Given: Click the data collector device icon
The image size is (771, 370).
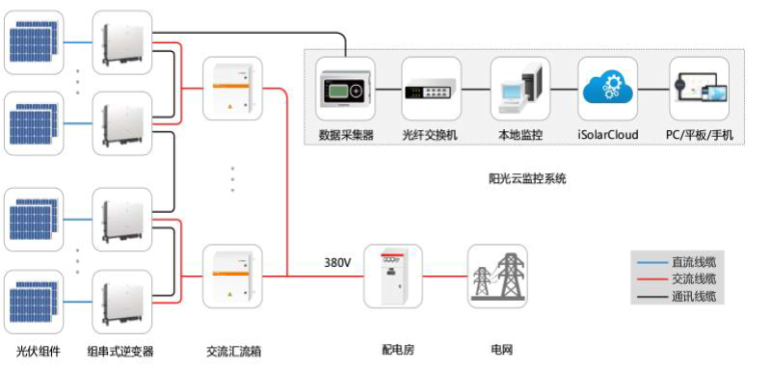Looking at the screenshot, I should [x=345, y=91].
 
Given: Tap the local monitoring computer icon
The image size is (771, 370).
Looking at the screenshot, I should [x=519, y=89].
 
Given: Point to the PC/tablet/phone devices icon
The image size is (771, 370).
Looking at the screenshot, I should [x=700, y=89].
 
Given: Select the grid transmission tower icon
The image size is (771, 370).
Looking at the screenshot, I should [x=497, y=276].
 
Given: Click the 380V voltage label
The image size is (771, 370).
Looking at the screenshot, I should [x=336, y=262].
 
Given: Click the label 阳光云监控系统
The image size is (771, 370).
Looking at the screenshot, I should [x=527, y=177].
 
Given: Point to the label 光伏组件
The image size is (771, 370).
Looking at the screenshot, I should [x=36, y=351].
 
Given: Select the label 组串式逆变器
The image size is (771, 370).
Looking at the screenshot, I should [x=120, y=351].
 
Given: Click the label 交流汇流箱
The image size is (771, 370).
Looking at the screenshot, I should [x=231, y=351].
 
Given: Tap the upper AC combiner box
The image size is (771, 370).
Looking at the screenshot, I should [x=231, y=90].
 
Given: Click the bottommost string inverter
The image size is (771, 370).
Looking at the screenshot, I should [x=121, y=302].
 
